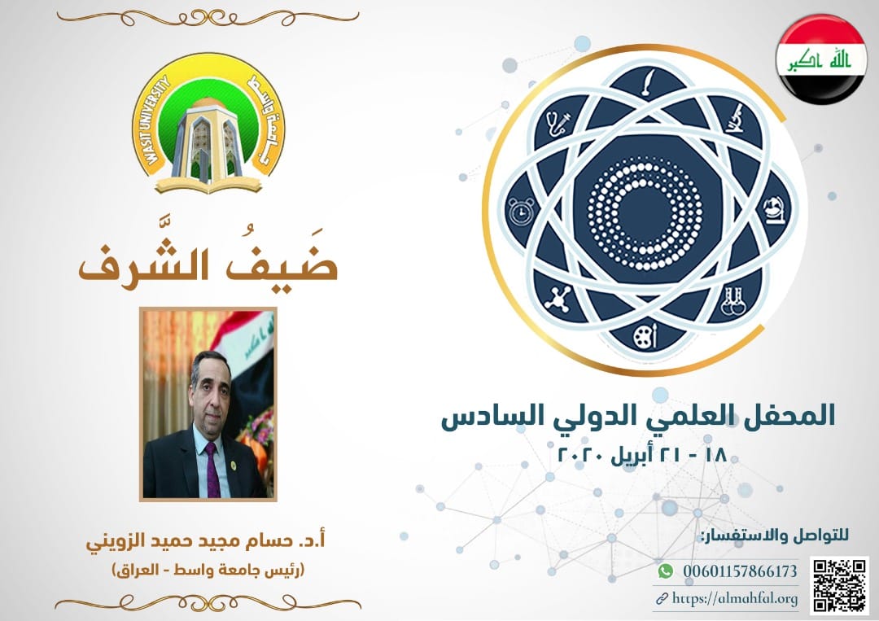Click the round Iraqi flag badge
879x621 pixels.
coord(821,59)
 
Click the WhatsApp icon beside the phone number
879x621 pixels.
coord(666,571)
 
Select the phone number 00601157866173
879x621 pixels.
coord(739,571)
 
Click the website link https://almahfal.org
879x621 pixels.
coord(734,598)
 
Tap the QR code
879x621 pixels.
coord(839,585)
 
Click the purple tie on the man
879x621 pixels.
coord(212,470)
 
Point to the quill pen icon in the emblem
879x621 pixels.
coord(649,82)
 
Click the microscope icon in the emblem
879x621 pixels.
coord(735,118)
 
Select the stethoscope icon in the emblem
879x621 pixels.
coord(558,123)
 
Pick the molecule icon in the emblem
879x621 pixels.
coord(559,298)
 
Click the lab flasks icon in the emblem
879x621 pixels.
coord(733,301)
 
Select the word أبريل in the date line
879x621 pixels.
coord(632,454)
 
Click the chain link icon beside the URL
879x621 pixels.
coord(662,599)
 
